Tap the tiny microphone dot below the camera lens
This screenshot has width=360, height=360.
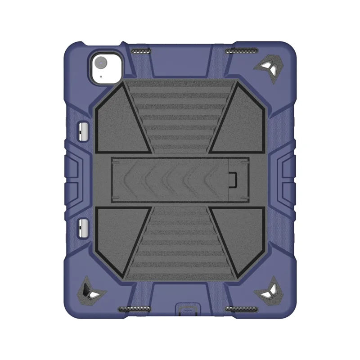101,76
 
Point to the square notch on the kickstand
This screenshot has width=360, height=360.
233,179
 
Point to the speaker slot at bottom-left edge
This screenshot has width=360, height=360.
134,310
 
